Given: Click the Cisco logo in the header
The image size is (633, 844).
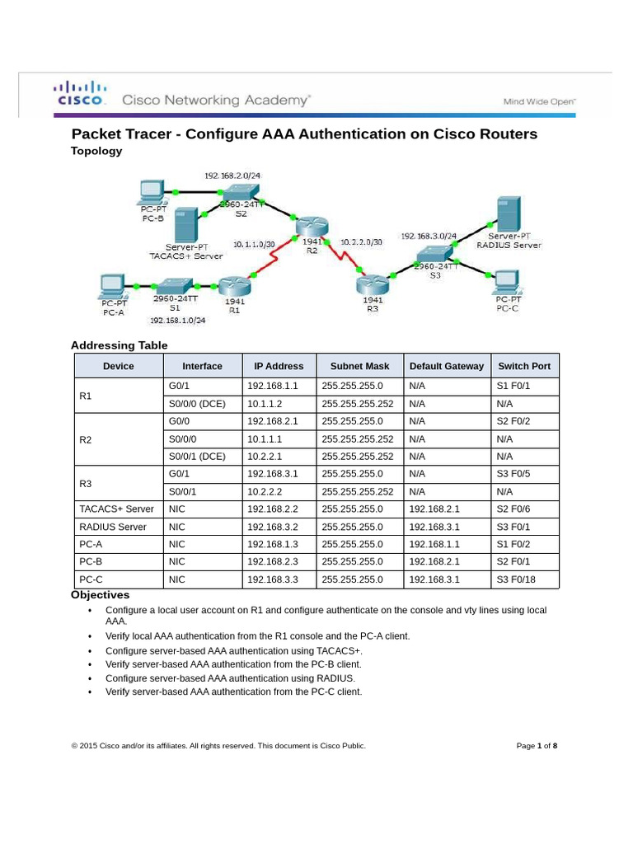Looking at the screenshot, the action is pos(80,93).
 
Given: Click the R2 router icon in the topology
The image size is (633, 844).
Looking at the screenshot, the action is pos(312,226).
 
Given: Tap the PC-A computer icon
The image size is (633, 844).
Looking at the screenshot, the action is pos(112,287).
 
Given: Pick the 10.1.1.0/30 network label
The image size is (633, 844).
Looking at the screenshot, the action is pos(254,244).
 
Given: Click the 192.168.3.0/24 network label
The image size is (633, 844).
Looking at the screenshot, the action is pos(429,236).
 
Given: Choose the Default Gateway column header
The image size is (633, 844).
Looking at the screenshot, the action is pos(446,366).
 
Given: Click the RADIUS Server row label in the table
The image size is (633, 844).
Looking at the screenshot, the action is pos(113,527).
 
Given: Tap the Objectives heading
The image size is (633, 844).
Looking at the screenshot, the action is pos(101,595).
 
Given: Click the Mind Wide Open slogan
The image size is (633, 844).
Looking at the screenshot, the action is pos(540,101).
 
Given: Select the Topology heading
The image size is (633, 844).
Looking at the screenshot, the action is pos(96,151).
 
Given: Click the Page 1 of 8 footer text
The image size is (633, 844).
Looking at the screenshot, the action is pos(537,746).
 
